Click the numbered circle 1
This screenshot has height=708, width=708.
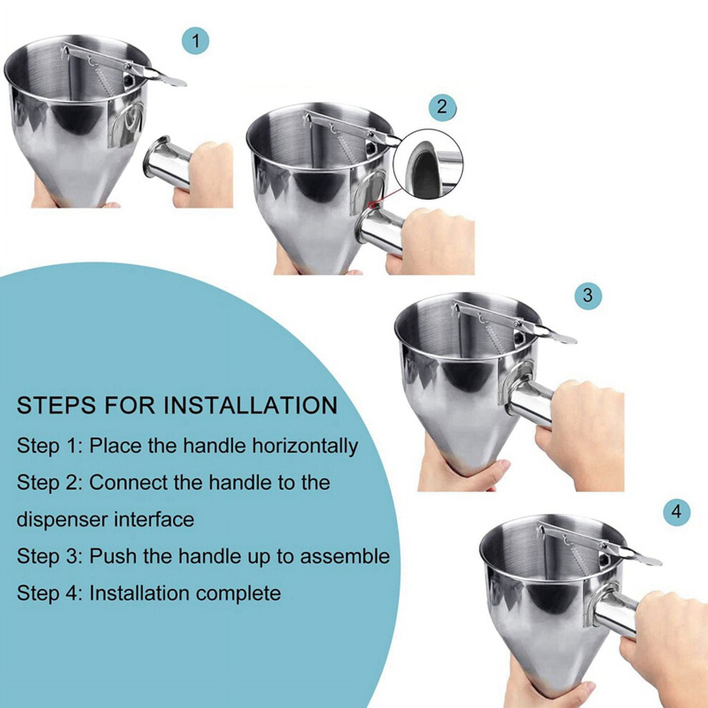(195, 41)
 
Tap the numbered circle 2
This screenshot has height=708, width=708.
(442, 107)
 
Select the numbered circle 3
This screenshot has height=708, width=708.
(588, 295)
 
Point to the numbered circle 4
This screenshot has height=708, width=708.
(677, 512)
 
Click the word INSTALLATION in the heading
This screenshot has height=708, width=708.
(250, 405)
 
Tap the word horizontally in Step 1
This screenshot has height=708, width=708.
(305, 446)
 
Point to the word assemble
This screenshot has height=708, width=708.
(345, 556)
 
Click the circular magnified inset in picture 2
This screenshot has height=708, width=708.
(428, 164)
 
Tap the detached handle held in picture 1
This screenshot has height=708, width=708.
(168, 162)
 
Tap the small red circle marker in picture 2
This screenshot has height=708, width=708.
(374, 206)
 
